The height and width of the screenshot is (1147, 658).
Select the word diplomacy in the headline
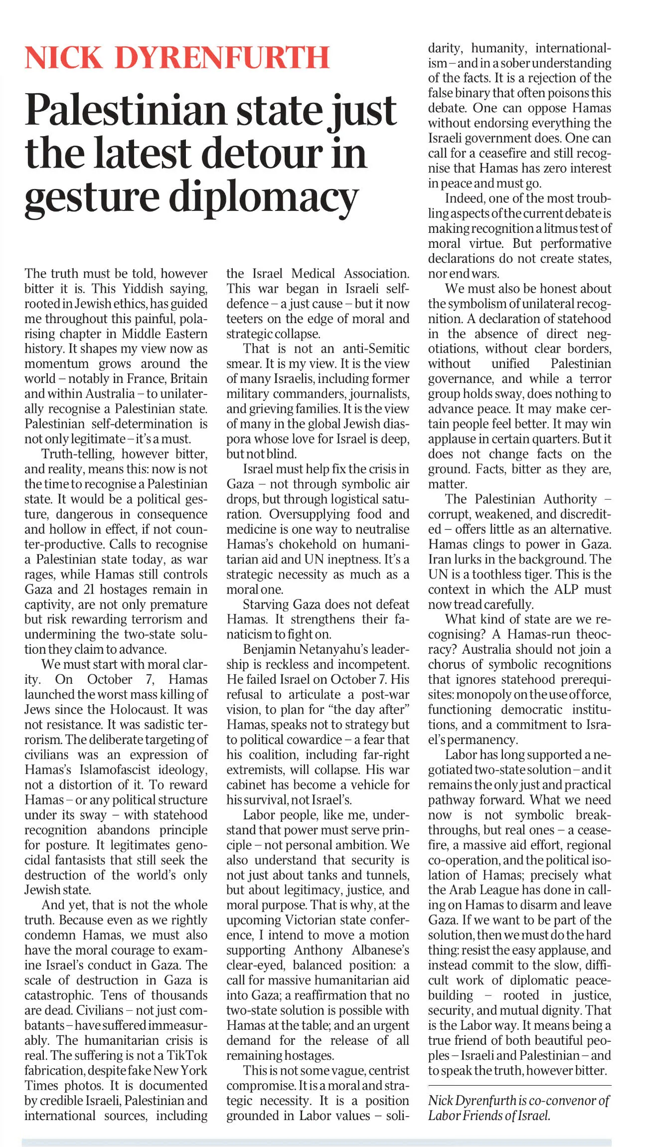coord(264,197)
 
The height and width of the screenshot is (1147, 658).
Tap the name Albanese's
coord(380,950)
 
